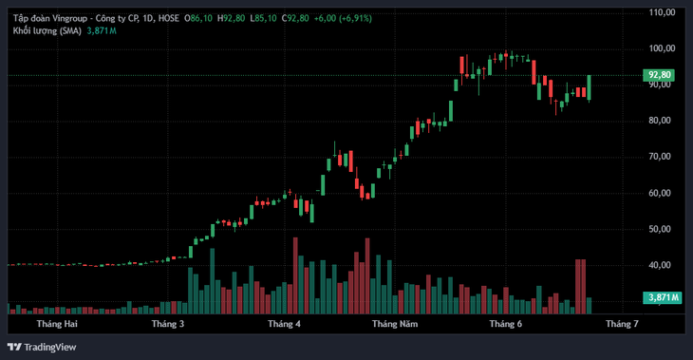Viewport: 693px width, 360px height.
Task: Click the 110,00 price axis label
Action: pyautogui.click(x=662, y=12)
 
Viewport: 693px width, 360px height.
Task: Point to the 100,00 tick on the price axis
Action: pyautogui.click(x=662, y=48)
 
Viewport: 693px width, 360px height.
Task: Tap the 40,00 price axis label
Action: pyautogui.click(x=660, y=265)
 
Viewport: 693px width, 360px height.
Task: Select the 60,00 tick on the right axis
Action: pyautogui.click(x=660, y=193)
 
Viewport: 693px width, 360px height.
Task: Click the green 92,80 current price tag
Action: pyautogui.click(x=659, y=75)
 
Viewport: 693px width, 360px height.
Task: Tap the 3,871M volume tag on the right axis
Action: pyautogui.click(x=662, y=297)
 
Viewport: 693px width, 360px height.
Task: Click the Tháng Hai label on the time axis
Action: pyautogui.click(x=57, y=324)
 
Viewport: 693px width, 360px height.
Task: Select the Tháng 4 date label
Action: pyautogui.click(x=284, y=324)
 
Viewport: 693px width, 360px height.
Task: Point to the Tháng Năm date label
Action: pyautogui.click(x=395, y=324)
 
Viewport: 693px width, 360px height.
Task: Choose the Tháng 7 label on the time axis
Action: pyautogui.click(x=622, y=324)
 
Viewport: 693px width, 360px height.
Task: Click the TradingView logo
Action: pyautogui.click(x=42, y=347)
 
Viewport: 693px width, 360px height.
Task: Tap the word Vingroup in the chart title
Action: pyautogui.click(x=70, y=19)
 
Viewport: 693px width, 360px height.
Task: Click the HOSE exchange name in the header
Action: pyautogui.click(x=168, y=19)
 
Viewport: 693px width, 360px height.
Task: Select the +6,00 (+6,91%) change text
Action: pyautogui.click(x=343, y=19)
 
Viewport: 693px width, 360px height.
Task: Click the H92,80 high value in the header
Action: pyautogui.click(x=231, y=19)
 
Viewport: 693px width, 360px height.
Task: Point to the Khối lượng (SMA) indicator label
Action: pyautogui.click(x=47, y=31)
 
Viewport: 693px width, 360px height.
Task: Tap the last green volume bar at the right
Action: pyautogui.click(x=589, y=306)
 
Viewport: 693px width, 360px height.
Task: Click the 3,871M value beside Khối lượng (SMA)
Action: pyautogui.click(x=102, y=31)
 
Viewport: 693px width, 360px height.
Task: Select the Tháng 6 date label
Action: pyautogui.click(x=506, y=324)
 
